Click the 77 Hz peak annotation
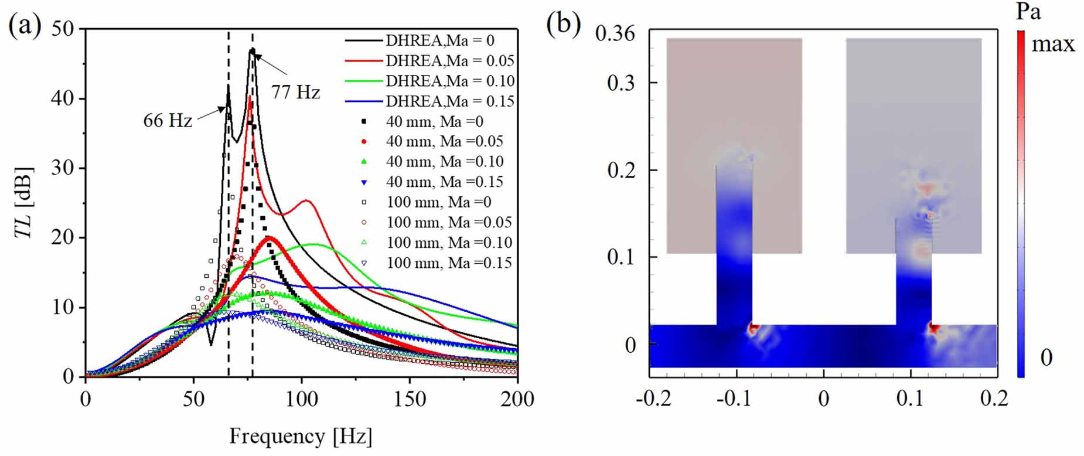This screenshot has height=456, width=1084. (295, 92)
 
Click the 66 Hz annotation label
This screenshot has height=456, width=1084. (168, 121)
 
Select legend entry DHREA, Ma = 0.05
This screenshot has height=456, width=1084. (449, 61)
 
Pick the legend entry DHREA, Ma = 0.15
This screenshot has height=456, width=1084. (449, 101)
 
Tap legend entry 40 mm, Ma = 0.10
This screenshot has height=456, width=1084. (444, 162)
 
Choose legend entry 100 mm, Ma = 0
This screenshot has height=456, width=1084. (439, 202)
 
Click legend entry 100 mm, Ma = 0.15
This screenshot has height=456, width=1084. (449, 263)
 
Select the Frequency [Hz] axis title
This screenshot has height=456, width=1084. (301, 437)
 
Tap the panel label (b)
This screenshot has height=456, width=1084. (563, 25)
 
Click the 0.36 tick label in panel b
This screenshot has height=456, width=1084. (615, 33)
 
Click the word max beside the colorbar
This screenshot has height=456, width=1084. (1053, 45)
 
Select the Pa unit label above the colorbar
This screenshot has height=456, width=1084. (1028, 12)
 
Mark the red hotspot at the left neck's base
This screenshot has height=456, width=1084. (754, 329)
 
